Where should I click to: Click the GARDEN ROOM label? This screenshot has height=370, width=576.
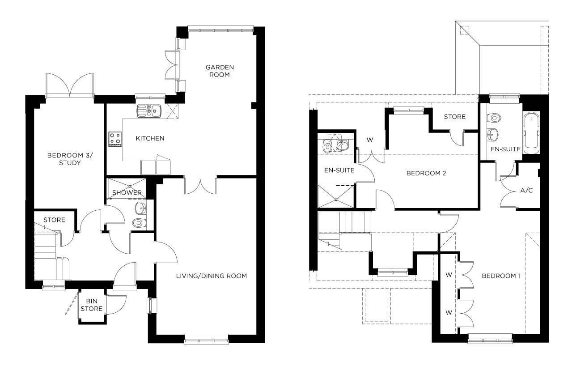[220, 71]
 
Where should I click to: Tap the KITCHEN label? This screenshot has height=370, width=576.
[150, 138]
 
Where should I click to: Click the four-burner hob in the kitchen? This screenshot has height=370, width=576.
[115, 138]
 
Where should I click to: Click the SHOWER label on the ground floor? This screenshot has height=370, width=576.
[127, 193]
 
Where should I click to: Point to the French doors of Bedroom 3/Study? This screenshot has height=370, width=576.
[70, 85]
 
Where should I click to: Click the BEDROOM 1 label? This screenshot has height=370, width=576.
[500, 276]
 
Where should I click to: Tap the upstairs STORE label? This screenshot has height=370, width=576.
[454, 117]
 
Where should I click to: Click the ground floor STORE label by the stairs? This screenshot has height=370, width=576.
[54, 220]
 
